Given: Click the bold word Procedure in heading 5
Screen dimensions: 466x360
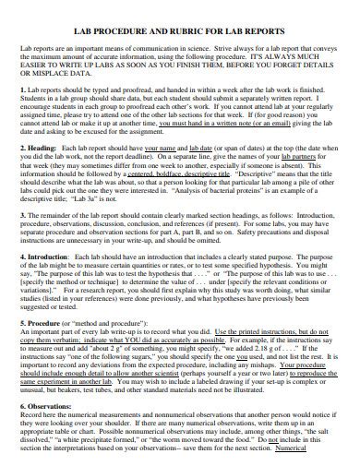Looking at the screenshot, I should click(x=43, y=325).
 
